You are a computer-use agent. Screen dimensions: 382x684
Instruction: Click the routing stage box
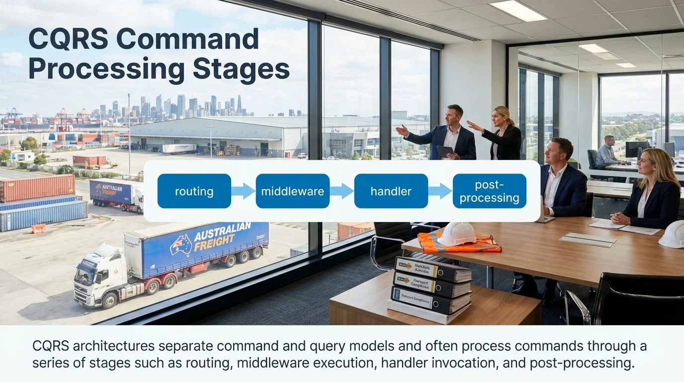(194, 191)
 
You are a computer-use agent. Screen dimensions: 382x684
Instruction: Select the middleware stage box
(292, 191)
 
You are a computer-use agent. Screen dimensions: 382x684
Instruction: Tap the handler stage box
(391, 191)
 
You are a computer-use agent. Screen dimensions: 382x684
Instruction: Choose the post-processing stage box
(489, 191)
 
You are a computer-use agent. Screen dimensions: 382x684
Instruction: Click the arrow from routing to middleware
(243, 191)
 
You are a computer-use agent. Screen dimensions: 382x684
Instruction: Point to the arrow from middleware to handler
(342, 191)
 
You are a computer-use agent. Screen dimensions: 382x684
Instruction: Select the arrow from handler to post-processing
(440, 191)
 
